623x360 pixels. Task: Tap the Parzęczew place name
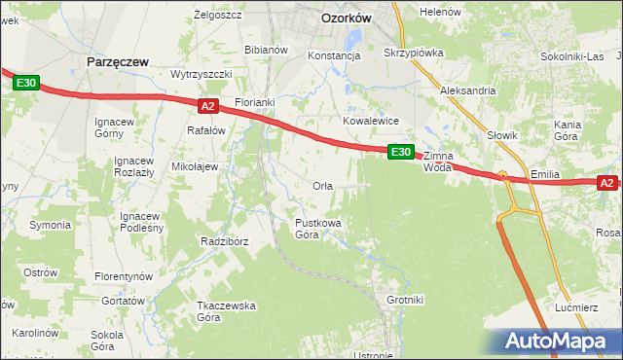tap(117, 61)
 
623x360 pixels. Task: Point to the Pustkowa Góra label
tap(318, 229)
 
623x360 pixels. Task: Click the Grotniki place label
tap(405, 300)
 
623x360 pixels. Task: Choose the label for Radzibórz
tap(225, 241)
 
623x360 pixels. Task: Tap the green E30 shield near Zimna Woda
tap(401, 153)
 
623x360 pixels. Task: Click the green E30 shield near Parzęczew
tap(26, 85)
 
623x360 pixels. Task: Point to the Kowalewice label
tap(371, 121)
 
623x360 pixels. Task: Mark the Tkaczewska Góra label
tap(226, 311)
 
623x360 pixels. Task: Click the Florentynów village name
tap(125, 276)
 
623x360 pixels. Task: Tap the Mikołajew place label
tap(194, 166)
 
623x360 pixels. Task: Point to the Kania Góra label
tap(568, 130)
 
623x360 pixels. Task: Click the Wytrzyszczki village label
tap(201, 75)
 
